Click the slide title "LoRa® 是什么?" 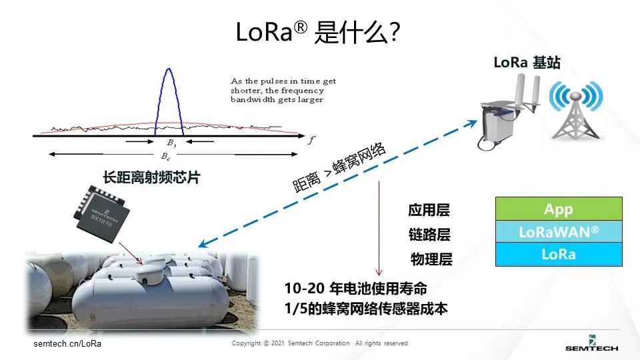click(x=318, y=31)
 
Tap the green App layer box click(x=558, y=209)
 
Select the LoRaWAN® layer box click(x=558, y=231)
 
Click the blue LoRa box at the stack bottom click(x=558, y=254)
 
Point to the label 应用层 click(x=429, y=211)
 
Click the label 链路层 click(x=429, y=235)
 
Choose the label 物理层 click(x=431, y=259)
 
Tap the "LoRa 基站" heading click(x=527, y=63)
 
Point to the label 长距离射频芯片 click(x=151, y=178)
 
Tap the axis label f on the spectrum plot click(x=310, y=141)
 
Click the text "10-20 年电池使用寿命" click(x=355, y=289)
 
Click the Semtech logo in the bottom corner click(x=591, y=342)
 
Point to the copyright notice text click(x=319, y=343)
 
